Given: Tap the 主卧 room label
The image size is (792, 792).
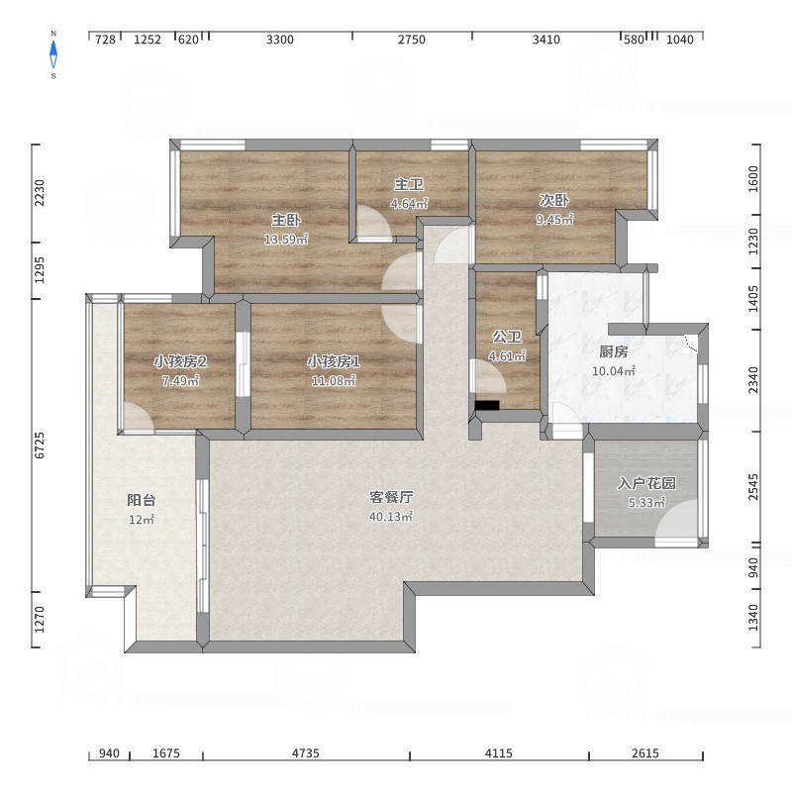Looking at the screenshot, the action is click(286, 220).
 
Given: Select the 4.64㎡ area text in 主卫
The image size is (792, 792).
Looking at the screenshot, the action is click(409, 204).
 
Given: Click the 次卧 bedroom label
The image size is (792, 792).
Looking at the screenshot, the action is click(554, 200).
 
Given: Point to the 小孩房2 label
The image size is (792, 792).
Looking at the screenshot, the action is click(180, 361).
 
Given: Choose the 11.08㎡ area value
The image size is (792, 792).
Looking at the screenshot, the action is click(334, 380).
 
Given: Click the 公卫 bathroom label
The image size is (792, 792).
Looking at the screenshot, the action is click(507, 337).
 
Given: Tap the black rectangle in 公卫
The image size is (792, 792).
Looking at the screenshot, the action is click(487, 405).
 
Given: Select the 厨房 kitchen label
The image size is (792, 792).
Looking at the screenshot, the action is click(613, 351).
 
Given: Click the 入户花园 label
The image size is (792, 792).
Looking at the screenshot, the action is click(646, 483).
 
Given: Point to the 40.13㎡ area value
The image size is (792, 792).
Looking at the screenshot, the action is click(391, 516).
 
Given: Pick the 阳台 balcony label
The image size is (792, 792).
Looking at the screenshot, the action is click(141, 500).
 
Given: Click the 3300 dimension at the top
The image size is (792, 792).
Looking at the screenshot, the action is click(280, 40).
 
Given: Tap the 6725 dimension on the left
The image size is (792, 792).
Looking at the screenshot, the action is click(40, 445).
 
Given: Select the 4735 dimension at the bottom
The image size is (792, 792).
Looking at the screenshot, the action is click(306, 753).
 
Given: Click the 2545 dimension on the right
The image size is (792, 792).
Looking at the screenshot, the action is click(753, 487).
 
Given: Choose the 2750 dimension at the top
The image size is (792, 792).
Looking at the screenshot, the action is click(412, 40).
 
